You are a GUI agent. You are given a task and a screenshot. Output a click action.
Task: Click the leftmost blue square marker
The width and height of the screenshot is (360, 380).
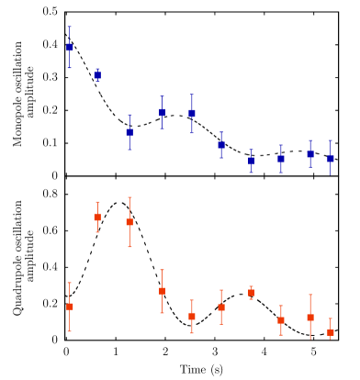click(x=70, y=48)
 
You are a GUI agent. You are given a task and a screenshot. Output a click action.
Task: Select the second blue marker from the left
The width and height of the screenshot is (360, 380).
click(x=97, y=75)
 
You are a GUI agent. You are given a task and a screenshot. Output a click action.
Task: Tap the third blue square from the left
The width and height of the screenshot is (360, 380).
click(x=129, y=132)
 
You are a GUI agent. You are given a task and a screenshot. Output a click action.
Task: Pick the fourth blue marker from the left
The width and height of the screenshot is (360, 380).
click(x=163, y=113)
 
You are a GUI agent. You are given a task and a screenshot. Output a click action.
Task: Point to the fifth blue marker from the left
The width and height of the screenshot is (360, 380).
click(x=192, y=114)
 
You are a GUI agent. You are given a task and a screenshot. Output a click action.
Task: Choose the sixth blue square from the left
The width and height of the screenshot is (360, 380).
click(x=221, y=145)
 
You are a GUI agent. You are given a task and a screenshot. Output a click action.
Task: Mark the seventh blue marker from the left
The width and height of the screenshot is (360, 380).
click(x=252, y=162)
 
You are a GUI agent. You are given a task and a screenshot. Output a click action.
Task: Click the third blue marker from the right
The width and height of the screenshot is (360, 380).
click(x=281, y=160)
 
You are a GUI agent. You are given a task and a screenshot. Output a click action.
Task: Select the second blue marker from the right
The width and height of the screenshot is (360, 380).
click(x=310, y=154)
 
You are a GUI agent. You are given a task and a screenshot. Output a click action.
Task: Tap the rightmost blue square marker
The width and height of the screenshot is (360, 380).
click(x=331, y=160)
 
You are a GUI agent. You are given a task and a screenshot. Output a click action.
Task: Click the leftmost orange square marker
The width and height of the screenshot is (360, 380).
click(x=70, y=307)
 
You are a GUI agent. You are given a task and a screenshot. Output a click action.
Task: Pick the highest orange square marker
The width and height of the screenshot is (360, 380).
click(x=97, y=218)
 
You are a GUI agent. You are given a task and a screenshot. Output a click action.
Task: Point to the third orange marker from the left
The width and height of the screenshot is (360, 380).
click(x=129, y=222)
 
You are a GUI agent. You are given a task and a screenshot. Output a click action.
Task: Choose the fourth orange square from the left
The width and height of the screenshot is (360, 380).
click(x=163, y=291)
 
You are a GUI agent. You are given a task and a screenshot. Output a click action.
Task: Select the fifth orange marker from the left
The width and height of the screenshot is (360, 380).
click(x=192, y=317)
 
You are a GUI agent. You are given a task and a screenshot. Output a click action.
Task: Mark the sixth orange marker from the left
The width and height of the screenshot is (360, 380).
click(x=221, y=308)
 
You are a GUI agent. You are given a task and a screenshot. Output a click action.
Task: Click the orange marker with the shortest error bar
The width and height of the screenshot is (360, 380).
click(x=252, y=294)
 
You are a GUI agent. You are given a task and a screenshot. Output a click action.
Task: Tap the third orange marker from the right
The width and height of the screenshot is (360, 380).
click(x=281, y=320)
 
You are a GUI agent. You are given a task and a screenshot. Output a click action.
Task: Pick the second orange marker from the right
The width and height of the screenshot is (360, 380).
click(x=310, y=318)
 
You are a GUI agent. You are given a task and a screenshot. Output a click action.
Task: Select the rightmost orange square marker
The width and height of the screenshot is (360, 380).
click(x=331, y=332)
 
